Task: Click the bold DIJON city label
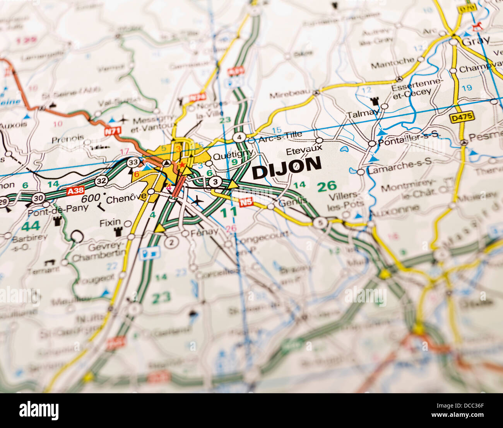coord(287,168)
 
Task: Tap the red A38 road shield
coord(75,190)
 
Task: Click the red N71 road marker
coord(112,131)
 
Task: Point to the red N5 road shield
coord(246,201)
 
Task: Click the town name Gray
coord(476,40)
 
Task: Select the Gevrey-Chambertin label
coord(99,252)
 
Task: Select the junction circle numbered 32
coord(101,180)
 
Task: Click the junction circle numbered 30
coord(38,198)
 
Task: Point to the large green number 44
coord(31,226)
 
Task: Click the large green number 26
coord(327,186)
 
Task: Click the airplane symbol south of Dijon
coord(198,200)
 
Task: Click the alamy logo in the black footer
coord(39,410)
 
